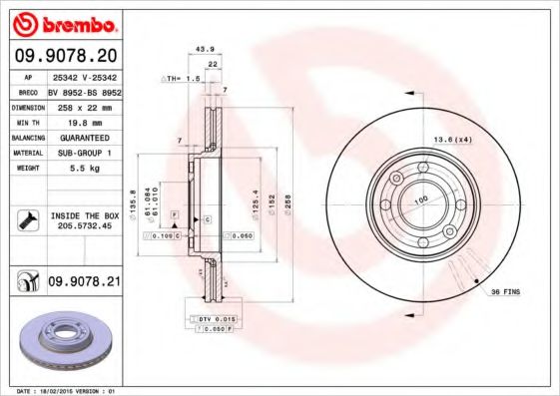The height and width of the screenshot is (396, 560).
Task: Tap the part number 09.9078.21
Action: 83,283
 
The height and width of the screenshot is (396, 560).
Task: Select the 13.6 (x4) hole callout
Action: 450,140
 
